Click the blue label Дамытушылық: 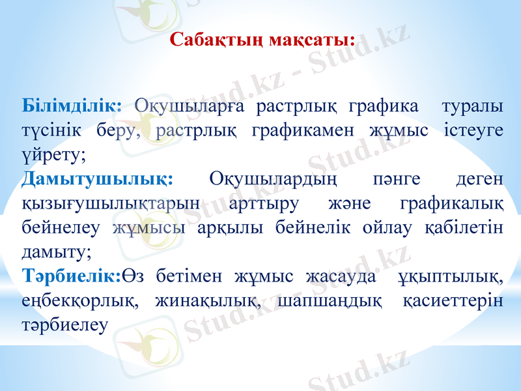point(97,179)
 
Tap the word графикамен point(298,130)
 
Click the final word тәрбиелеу point(63,326)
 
